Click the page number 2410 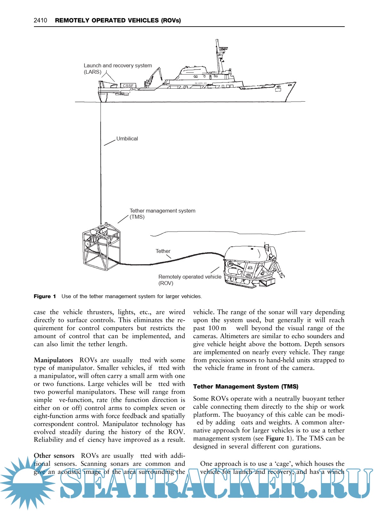coord(40,21)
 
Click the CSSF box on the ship coord(128,86)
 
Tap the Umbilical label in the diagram coord(127,139)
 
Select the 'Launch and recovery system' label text coord(118,66)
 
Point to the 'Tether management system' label coord(162,211)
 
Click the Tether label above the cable coord(163,251)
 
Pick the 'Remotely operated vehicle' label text coord(190,277)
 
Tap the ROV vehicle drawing coord(250,264)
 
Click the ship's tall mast coord(218,56)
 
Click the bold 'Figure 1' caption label coord(45,297)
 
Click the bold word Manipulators coord(53,360)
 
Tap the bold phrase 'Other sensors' coord(54,456)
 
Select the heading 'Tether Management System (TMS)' coord(245,387)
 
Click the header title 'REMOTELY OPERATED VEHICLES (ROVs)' coord(118,21)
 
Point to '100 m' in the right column coord(217,328)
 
